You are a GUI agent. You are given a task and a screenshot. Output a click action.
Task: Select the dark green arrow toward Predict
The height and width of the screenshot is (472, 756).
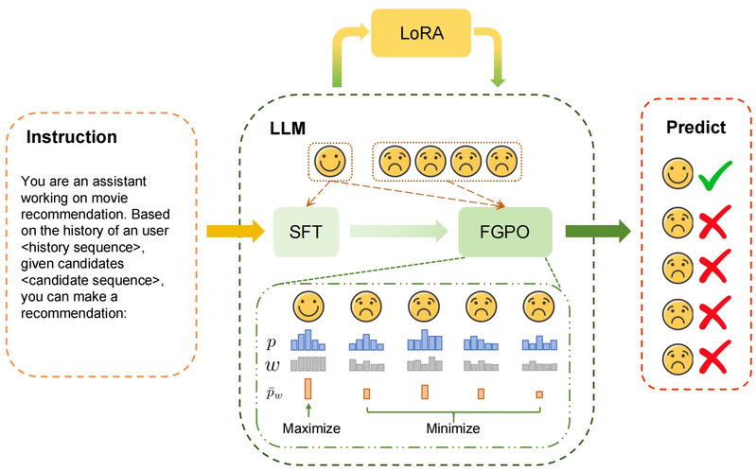click(597, 230)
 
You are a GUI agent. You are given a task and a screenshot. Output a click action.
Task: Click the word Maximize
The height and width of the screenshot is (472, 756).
click(310, 428)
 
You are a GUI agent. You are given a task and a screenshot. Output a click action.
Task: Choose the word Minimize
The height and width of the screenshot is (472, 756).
click(451, 428)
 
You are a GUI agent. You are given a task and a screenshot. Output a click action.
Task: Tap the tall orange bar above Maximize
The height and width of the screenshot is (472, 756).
click(308, 388)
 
